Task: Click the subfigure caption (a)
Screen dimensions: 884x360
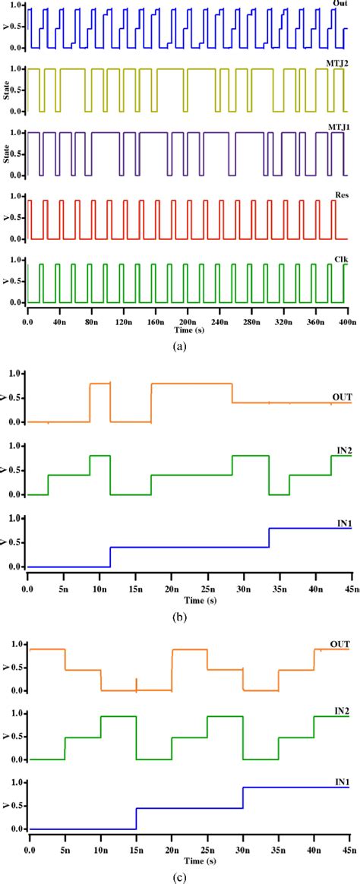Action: (179, 346)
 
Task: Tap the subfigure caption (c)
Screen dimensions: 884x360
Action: (179, 874)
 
